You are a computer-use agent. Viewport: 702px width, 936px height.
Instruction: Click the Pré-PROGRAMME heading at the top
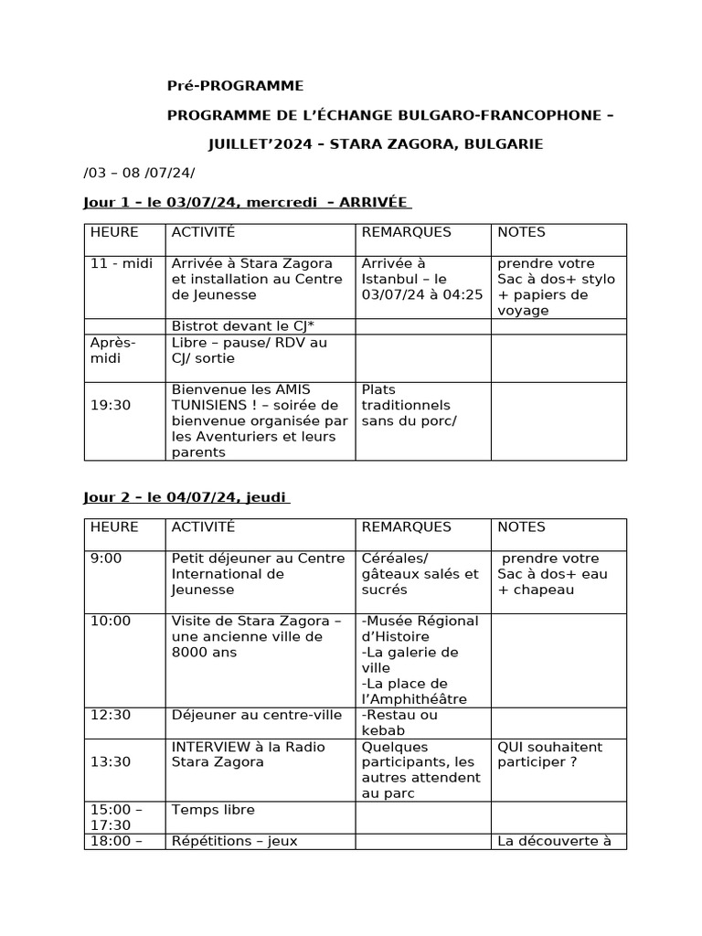(234, 86)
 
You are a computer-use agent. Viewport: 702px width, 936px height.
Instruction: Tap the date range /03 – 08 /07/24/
(139, 173)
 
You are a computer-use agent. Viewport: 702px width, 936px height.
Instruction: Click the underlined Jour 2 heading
(186, 497)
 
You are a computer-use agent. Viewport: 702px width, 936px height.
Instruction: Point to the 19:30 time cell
(111, 405)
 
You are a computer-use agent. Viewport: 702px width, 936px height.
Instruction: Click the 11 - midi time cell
(122, 263)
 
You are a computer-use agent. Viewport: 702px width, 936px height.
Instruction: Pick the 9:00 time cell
(106, 558)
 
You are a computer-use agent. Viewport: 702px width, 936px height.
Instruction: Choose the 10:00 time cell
(111, 622)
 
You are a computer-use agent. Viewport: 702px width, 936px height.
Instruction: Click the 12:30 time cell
(111, 715)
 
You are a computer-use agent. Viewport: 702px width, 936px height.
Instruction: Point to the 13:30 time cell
(111, 762)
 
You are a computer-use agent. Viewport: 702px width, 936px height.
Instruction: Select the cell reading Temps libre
(213, 810)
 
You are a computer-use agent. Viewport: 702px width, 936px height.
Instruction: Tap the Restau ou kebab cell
(399, 722)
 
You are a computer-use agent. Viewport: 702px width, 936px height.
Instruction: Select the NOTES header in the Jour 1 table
(521, 232)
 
